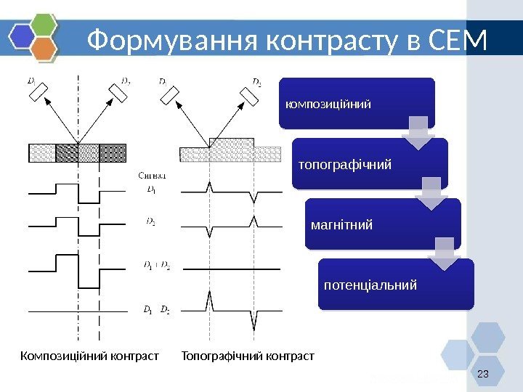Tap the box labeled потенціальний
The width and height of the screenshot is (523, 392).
coord(396,284)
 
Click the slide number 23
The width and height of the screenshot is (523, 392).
coord(480,374)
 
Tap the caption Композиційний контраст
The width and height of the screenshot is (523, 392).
coord(89,356)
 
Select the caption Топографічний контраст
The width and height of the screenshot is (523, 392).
coord(248,356)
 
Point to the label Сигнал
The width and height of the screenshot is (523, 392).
coord(153,175)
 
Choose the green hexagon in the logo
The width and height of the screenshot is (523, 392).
coord(44,24)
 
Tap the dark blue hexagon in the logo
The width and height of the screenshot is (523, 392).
coord(23,36)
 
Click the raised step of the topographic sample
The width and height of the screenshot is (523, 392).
coord(231,142)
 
